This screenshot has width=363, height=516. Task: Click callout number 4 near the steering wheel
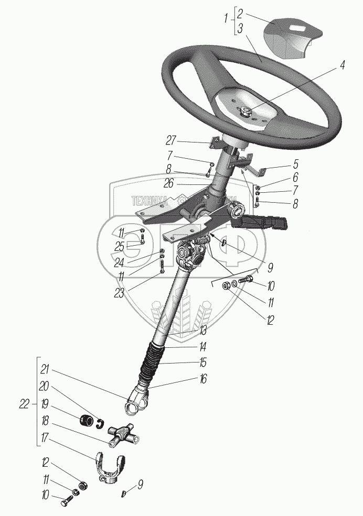click(x=342, y=66)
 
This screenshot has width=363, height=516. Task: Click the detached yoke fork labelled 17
click(x=111, y=466)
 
